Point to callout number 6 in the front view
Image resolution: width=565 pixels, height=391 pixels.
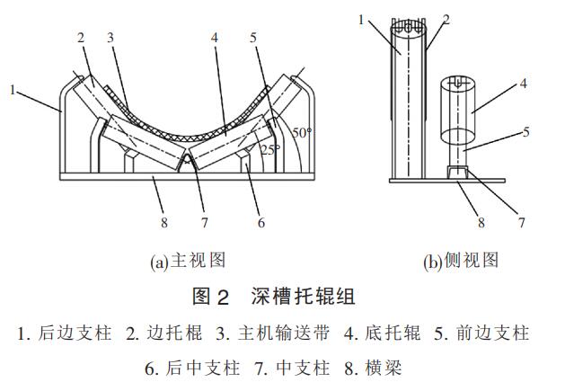point(261,221)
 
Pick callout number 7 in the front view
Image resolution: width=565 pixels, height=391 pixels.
point(204,221)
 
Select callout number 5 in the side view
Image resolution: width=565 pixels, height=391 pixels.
point(526,132)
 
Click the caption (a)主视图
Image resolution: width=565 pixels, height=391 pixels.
point(187,262)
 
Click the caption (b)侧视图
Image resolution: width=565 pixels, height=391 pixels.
point(461,262)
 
